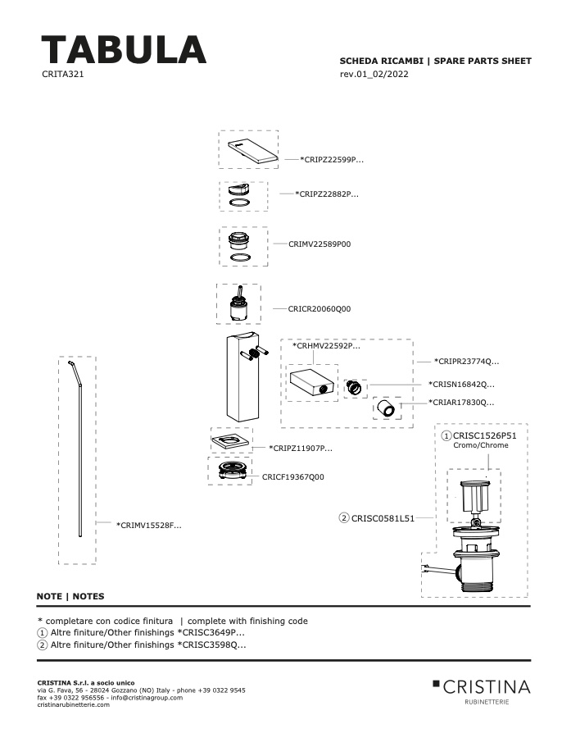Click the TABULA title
click(124, 49)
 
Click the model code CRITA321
click(62, 74)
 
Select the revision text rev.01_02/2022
click(374, 74)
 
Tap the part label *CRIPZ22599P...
click(332, 160)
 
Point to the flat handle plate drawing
click(252, 151)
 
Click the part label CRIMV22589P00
click(319, 244)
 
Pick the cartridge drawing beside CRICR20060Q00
click(238, 303)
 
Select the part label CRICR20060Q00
click(319, 309)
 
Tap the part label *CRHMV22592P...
click(326, 345)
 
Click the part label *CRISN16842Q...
click(461, 384)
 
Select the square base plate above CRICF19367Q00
click(230, 441)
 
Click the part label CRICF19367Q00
click(293, 476)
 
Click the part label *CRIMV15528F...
click(148, 526)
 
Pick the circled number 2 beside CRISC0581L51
click(344, 518)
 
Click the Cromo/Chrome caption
click(481, 445)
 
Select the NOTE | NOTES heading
click(70, 596)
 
